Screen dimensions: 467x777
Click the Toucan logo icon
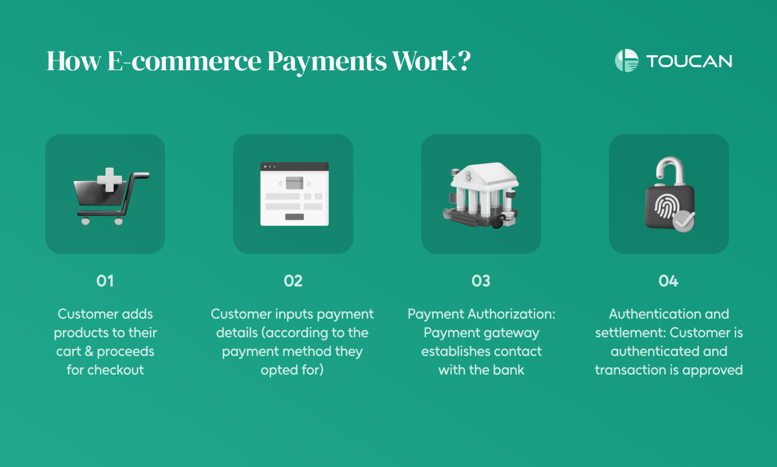(x=626, y=61)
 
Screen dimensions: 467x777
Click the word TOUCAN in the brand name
(x=689, y=61)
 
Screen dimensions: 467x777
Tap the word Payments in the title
(x=327, y=61)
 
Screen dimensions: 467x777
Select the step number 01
(x=105, y=281)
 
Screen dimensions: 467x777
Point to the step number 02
(x=293, y=281)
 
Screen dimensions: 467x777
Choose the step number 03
(x=481, y=281)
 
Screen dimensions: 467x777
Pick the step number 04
(x=668, y=281)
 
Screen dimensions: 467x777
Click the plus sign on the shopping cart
(x=109, y=179)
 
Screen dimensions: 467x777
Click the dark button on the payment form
(x=294, y=217)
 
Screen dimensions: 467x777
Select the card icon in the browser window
(x=294, y=182)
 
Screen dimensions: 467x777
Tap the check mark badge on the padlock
(x=683, y=221)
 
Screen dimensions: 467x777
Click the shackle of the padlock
(x=670, y=169)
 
